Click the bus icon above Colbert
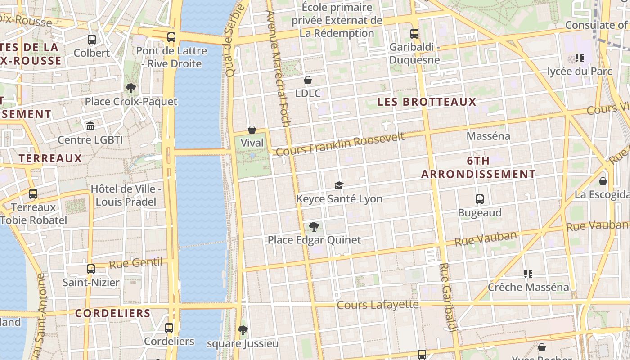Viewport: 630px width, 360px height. click(92, 40)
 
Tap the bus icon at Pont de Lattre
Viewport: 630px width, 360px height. click(171, 37)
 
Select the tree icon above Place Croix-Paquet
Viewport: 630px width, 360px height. click(131, 88)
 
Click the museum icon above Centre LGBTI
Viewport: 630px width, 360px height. click(90, 126)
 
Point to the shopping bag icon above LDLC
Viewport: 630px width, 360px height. click(308, 80)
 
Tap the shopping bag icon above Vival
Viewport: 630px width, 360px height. click(252, 130)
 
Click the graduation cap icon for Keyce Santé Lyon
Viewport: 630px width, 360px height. click(339, 185)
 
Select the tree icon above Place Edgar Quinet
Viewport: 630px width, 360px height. click(314, 227)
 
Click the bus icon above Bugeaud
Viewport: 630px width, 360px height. click(480, 199)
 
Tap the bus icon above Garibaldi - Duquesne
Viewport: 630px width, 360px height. click(414, 34)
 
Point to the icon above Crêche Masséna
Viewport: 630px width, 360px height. click(528, 274)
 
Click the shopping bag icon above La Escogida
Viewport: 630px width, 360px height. click(603, 181)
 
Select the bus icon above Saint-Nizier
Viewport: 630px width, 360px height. click(91, 269)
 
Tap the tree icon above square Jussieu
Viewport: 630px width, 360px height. click(243, 330)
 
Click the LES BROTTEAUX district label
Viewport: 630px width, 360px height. click(427, 102)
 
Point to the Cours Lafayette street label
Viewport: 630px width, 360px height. click(378, 305)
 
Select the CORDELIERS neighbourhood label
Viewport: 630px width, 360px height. click(112, 313)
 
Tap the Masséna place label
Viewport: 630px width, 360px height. click(488, 136)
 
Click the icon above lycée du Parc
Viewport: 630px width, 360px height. click(580, 58)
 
